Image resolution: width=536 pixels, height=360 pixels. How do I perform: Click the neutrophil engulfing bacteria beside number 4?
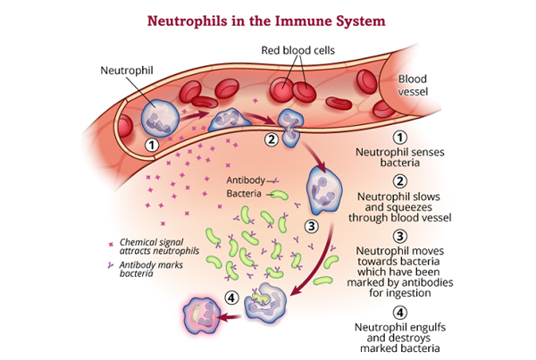265,305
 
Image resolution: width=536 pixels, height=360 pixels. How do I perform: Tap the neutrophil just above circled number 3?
322,192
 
